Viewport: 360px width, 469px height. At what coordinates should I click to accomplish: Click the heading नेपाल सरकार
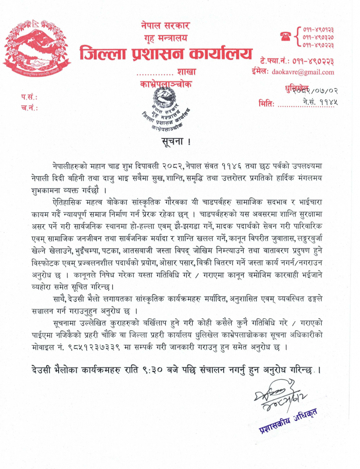[165, 26]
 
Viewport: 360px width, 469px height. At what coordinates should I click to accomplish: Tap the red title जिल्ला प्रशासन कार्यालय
[165, 54]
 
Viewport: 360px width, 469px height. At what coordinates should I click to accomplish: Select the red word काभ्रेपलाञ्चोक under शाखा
[166, 84]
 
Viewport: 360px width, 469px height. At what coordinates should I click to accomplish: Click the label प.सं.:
[28, 98]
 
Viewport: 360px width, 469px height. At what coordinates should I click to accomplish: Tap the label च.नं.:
[28, 109]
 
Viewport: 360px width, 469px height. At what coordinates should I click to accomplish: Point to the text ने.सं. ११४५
[320, 102]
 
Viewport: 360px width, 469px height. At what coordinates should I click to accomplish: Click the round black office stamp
[166, 109]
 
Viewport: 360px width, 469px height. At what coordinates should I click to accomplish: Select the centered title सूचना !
[175, 141]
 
